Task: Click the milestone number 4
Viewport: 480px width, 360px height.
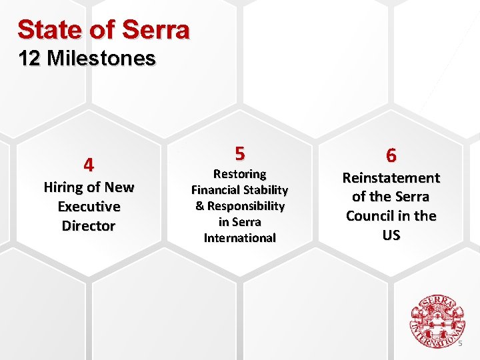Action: click(89, 164)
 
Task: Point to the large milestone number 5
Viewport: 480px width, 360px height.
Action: click(239, 153)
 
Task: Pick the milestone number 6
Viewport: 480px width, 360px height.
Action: click(391, 155)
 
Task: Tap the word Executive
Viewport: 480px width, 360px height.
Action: click(89, 207)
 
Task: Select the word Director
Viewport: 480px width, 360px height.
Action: click(89, 226)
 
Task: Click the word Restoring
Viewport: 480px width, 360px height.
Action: click(239, 174)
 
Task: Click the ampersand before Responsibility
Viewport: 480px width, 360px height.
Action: click(199, 206)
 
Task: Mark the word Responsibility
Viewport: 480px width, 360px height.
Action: click(246, 206)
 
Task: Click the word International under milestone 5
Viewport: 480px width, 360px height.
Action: click(239, 238)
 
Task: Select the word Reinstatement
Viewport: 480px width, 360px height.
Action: click(391, 178)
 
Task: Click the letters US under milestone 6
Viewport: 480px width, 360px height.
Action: click(391, 235)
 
